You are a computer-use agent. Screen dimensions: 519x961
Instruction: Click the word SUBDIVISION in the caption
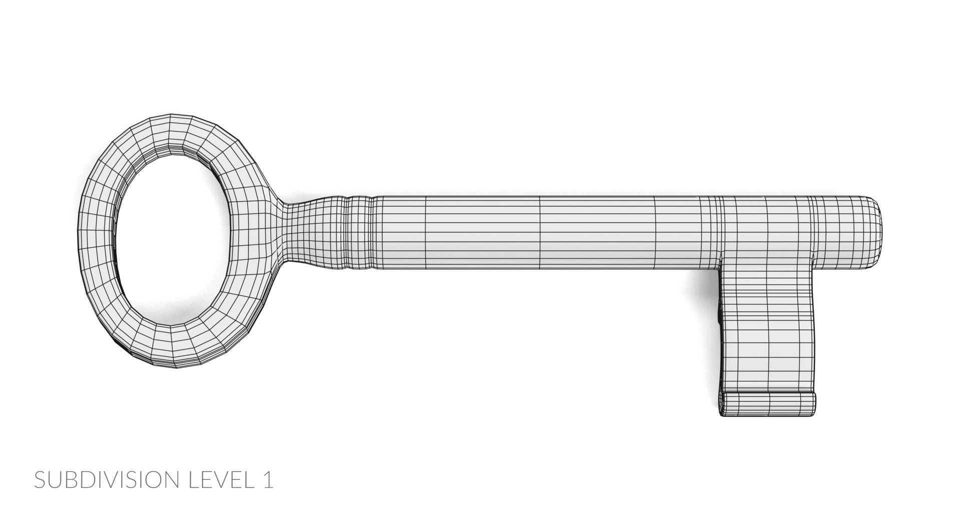(107, 480)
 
